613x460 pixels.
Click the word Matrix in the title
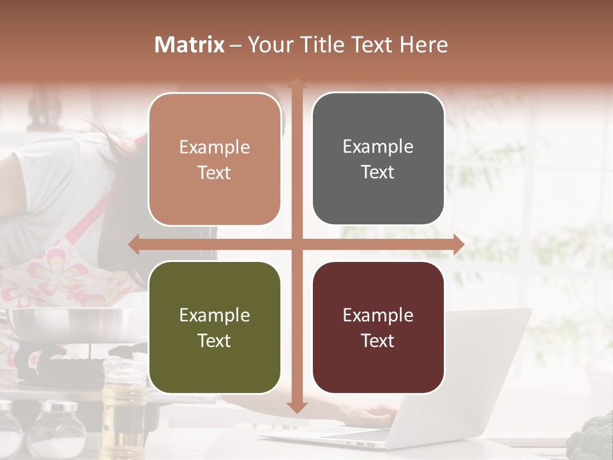coord(190,45)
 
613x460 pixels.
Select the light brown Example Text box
coord(215,159)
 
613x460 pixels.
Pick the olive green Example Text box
coord(215,327)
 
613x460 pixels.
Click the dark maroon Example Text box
coord(378,327)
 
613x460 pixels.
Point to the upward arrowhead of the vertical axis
coord(296,82)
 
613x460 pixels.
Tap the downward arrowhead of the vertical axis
coord(296,407)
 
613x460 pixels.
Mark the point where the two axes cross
coord(296,244)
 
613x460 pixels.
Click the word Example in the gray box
coord(378,146)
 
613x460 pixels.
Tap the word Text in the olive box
coord(215,341)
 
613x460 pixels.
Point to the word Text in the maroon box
coord(378,341)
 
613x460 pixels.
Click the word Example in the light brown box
coord(215,147)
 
